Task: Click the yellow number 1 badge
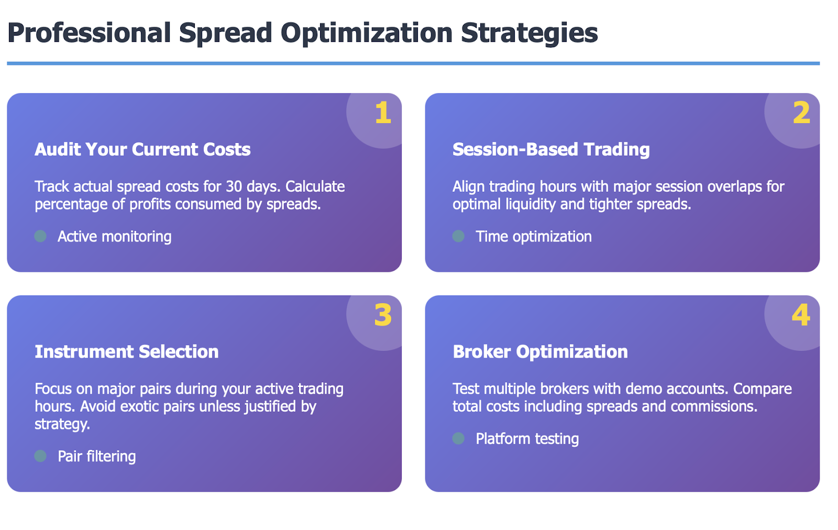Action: [x=383, y=113]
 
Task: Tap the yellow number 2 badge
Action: [x=801, y=113]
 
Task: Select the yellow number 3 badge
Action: [x=383, y=315]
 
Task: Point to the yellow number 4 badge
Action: [x=801, y=315]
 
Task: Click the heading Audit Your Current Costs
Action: [x=142, y=149]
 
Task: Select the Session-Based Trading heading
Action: [x=551, y=149]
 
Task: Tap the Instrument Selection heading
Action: [x=126, y=351]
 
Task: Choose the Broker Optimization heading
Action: [x=540, y=351]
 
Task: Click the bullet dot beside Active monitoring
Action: [x=40, y=236]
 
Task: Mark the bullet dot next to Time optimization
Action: [x=458, y=236]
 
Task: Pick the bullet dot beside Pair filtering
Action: [x=40, y=456]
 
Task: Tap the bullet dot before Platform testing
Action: [x=458, y=438]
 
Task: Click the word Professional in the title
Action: [x=89, y=33]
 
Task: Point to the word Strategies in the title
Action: [x=530, y=34]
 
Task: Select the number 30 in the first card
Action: [x=234, y=186]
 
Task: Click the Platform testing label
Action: [x=527, y=439]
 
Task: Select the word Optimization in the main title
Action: [x=367, y=34]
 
